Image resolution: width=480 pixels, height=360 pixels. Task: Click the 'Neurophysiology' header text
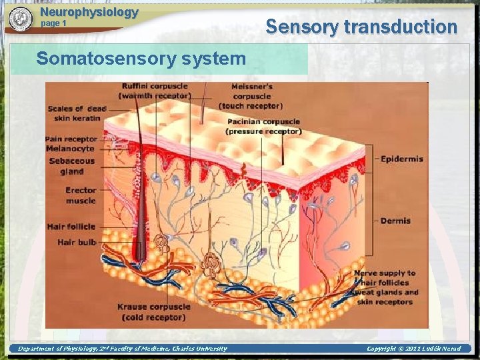pyautogui.click(x=89, y=12)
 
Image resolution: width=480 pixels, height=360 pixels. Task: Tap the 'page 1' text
pyautogui.click(x=54, y=23)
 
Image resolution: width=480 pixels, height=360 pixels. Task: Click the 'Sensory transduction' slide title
pyautogui.click(x=361, y=27)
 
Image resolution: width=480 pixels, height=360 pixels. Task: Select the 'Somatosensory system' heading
pyautogui.click(x=141, y=59)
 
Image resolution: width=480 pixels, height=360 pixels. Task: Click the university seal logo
pyautogui.click(x=21, y=19)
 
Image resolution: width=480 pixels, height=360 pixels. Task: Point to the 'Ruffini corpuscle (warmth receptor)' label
pyautogui.click(x=155, y=91)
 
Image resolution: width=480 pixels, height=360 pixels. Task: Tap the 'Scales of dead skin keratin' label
pyautogui.click(x=74, y=113)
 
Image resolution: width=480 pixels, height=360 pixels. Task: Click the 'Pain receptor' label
pyautogui.click(x=71, y=139)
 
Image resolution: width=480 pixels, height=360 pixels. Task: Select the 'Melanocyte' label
pyautogui.click(x=71, y=149)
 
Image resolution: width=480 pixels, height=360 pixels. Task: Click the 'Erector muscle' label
pyautogui.click(x=81, y=195)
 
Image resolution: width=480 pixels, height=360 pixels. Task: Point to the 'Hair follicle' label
pyautogui.click(x=71, y=227)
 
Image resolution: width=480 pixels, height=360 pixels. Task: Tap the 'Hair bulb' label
pyautogui.click(x=77, y=242)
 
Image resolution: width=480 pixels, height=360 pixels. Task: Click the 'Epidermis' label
pyautogui.click(x=401, y=159)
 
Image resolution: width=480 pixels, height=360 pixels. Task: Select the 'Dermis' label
pyautogui.click(x=395, y=221)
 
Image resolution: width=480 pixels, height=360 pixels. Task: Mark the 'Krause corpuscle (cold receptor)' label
pyautogui.click(x=154, y=312)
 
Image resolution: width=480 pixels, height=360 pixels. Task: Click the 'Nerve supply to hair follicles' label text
pyautogui.click(x=385, y=277)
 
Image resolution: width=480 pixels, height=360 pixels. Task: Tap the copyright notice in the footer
pyautogui.click(x=413, y=349)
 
